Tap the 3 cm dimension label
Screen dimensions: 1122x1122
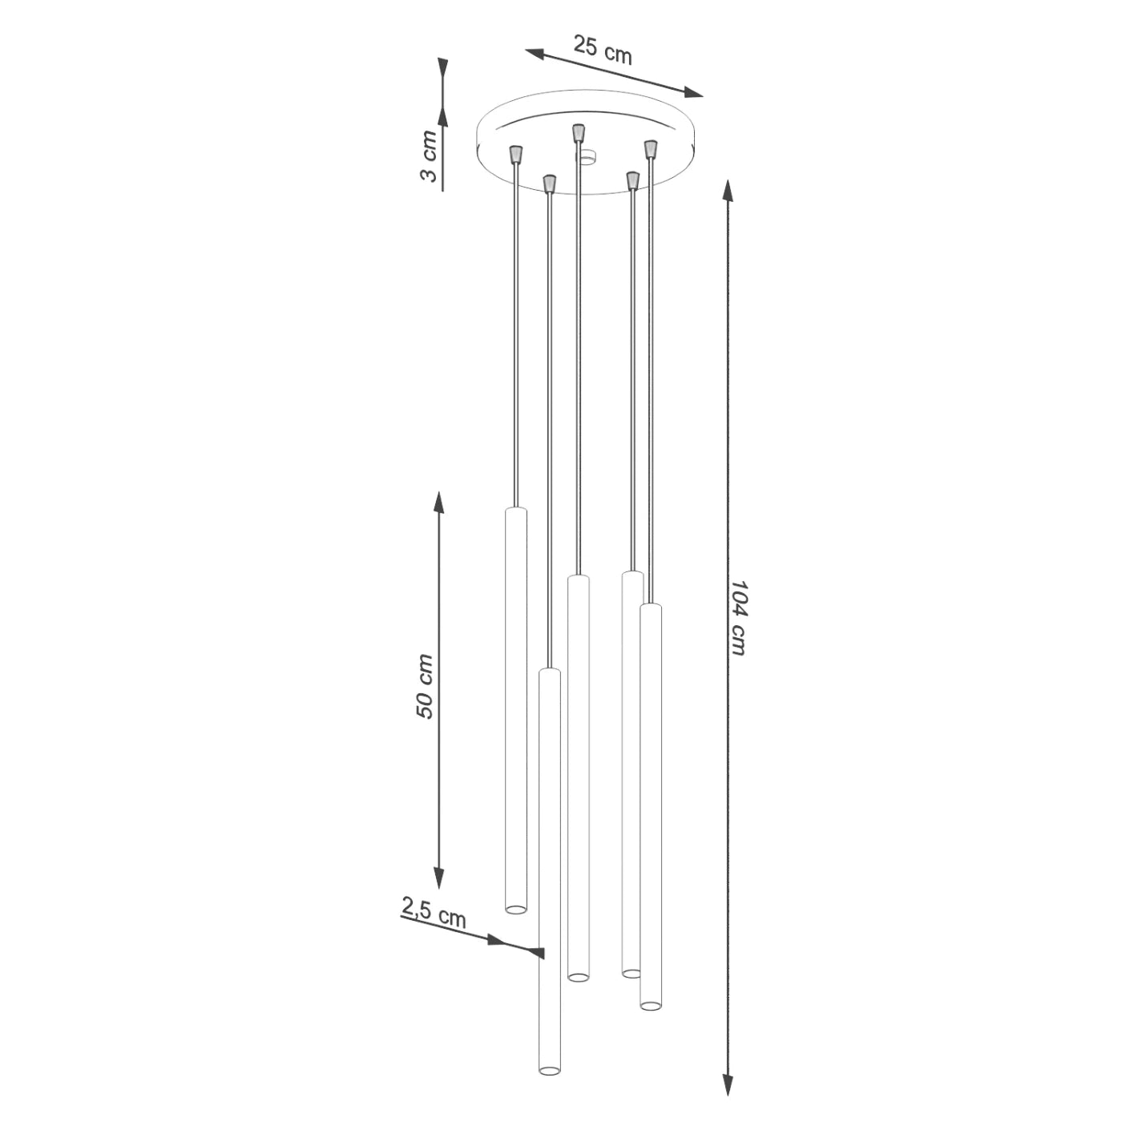(430, 156)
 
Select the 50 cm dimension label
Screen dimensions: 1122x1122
(425, 687)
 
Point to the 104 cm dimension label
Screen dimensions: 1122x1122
(738, 618)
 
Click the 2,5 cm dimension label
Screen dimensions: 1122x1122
(434, 913)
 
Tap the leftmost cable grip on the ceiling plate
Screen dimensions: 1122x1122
(516, 153)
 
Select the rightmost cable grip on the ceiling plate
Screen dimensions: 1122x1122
(651, 149)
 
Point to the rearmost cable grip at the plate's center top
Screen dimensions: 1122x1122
(578, 133)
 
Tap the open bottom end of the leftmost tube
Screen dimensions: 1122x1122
(516, 909)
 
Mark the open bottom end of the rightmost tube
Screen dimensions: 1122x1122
(651, 1005)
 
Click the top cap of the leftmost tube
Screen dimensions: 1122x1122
(516, 509)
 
